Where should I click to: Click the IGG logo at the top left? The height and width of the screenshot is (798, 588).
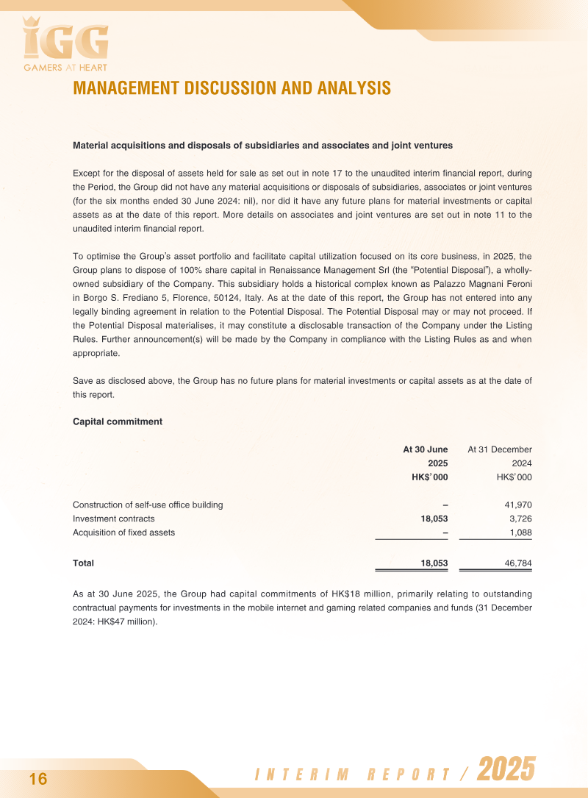click(x=65, y=41)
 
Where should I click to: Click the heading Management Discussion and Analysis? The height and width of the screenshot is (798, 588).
click(x=232, y=88)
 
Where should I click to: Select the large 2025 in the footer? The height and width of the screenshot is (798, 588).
click(x=506, y=771)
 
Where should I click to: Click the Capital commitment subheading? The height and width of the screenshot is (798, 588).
click(x=118, y=421)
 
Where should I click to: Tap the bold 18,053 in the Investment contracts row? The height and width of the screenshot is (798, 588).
click(x=434, y=519)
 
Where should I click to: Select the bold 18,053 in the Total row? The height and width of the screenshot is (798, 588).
click(x=434, y=563)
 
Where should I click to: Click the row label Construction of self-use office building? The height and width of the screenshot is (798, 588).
click(x=148, y=505)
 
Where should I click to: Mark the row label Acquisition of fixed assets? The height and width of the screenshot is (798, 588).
click(x=123, y=532)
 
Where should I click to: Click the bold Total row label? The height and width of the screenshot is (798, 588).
click(x=83, y=563)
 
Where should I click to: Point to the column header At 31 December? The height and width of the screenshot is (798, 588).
click(x=500, y=449)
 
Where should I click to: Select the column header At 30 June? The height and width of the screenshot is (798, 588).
click(x=425, y=449)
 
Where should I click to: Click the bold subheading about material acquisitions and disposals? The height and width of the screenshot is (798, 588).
click(x=262, y=146)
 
